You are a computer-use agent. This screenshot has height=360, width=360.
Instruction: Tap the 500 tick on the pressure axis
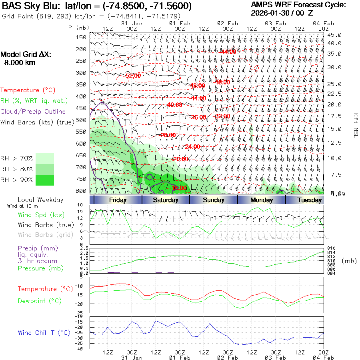tap(82, 120)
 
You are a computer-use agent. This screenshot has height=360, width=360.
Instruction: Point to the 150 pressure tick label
tap(82, 37)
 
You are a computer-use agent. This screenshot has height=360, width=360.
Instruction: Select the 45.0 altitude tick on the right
tap(334, 35)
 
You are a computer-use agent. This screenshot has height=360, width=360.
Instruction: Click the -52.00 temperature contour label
tap(132, 76)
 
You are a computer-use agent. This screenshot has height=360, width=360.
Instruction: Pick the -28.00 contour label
tap(168, 135)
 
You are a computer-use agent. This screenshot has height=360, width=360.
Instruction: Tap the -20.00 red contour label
tap(180, 159)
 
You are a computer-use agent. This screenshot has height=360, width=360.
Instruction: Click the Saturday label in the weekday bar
tap(165, 200)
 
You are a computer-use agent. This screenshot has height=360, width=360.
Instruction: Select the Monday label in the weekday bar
tap(261, 200)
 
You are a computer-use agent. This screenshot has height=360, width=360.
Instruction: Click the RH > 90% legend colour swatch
tap(45, 180)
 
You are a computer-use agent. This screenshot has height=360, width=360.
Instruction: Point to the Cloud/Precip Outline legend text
tap(33, 112)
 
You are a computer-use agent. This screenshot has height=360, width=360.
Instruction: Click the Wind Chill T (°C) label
tap(44, 333)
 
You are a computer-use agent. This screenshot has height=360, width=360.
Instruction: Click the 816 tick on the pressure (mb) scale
tap(331, 248)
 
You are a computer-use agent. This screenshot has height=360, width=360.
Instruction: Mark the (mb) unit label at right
tap(349, 261)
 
